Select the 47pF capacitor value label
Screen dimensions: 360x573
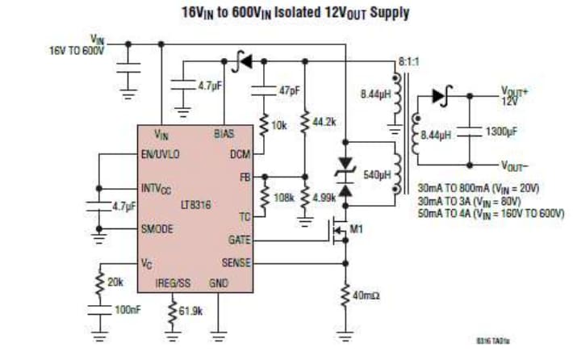[x=289, y=90]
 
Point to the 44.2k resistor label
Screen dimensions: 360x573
[x=323, y=121]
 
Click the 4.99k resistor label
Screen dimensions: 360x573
[x=324, y=196]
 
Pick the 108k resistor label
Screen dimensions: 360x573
[x=284, y=196]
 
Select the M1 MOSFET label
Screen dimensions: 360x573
[x=356, y=229]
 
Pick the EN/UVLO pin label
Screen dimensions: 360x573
[x=160, y=153]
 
